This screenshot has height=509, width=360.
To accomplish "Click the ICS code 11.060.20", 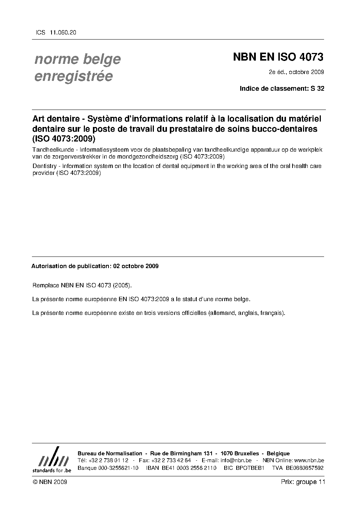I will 63,32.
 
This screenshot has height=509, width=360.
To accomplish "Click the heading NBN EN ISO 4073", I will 278,57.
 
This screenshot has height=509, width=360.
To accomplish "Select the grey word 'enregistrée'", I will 73,77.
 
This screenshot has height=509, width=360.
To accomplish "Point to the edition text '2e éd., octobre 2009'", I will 296,72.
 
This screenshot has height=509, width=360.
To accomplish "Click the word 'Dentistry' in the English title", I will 44,166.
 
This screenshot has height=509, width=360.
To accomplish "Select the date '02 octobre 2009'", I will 136,266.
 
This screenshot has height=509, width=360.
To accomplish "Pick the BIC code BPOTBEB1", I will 250,468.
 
